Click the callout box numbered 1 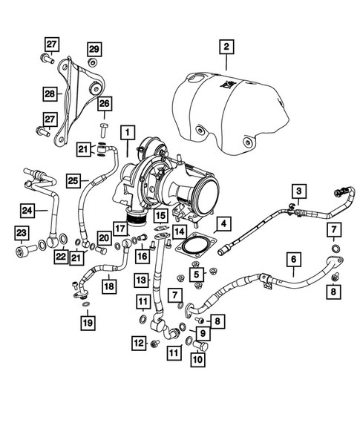(129, 134)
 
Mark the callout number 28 (49, 95)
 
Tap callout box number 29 (94, 49)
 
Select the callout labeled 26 (104, 104)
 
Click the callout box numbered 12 (137, 342)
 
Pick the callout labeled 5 (197, 274)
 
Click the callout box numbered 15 (160, 216)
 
